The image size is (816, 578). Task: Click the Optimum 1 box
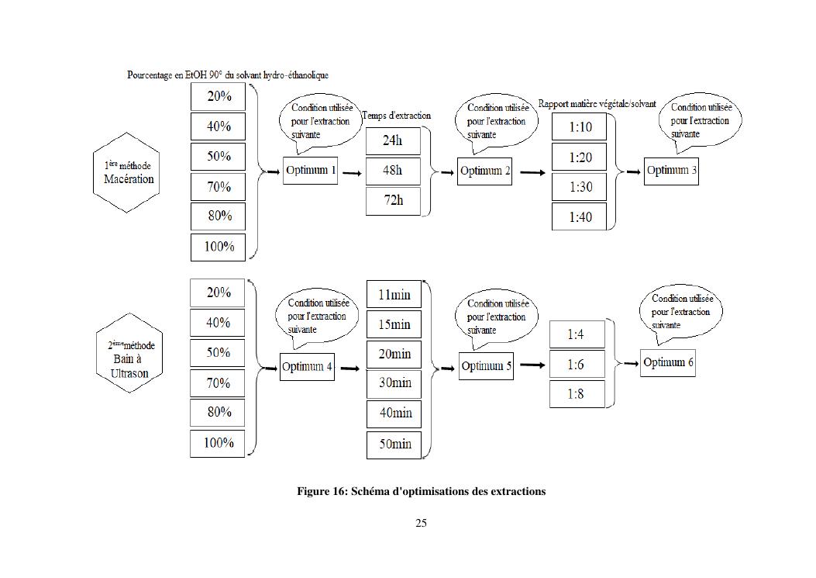coord(311,171)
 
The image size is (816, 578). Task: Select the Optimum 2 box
coord(485,171)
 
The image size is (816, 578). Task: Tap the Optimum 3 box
coord(671,171)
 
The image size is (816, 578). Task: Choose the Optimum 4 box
coord(307,367)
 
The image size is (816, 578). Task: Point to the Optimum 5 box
coord(487,367)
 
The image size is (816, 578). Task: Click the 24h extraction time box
coord(393,140)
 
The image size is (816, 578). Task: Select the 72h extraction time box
coord(393,200)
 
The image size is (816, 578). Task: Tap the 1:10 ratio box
coord(580,126)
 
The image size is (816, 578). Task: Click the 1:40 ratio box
coord(580,216)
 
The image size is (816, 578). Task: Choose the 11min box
coord(394,295)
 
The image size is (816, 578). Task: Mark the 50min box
coord(394,445)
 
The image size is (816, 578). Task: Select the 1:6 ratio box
coord(576,364)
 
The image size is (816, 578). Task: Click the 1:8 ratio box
coord(576,394)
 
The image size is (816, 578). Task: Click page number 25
coord(421,523)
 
